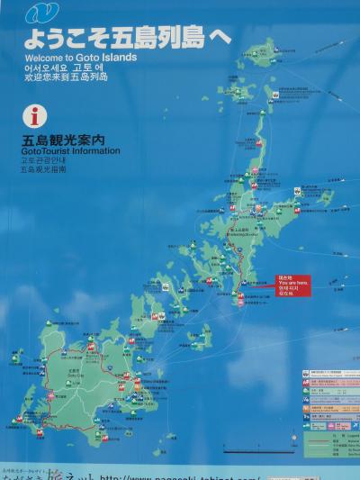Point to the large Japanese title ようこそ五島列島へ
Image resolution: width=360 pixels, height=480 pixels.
pyautogui.click(x=126, y=38)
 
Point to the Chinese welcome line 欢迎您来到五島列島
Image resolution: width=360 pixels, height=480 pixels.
pyautogui.click(x=67, y=77)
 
